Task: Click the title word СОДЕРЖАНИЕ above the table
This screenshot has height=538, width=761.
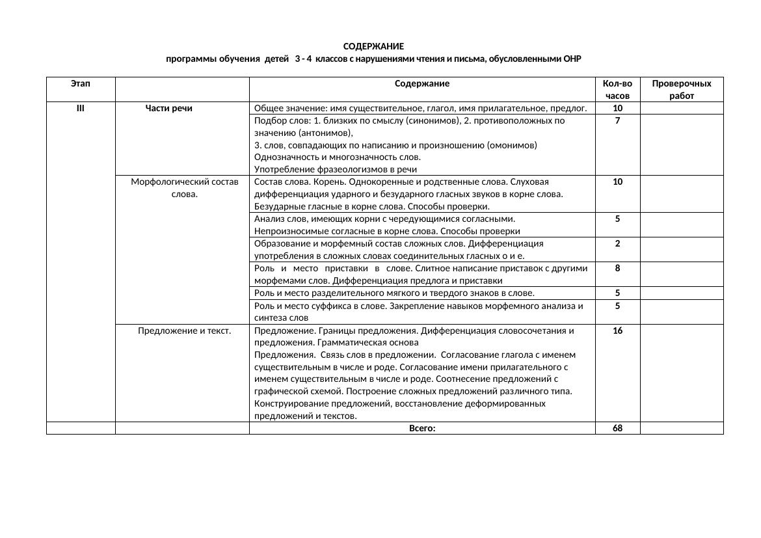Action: click(373, 47)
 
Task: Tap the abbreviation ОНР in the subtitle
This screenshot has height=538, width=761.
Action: click(571, 59)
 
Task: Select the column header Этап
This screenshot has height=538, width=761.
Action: click(80, 83)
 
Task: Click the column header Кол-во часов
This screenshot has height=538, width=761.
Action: click(617, 90)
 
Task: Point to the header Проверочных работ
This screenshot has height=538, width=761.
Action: click(681, 90)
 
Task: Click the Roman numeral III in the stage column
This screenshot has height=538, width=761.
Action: click(80, 108)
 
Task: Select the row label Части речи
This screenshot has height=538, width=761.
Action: click(169, 108)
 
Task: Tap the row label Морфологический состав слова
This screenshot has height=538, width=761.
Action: click(185, 188)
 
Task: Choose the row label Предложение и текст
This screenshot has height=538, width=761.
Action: click(185, 330)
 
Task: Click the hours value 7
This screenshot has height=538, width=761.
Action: click(617, 121)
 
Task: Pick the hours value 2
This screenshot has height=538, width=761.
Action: click(617, 243)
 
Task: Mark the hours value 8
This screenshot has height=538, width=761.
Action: click(617, 268)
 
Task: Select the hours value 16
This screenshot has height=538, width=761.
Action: click(617, 330)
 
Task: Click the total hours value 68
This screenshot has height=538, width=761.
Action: click(617, 428)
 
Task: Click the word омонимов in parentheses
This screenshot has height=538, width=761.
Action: click(511, 144)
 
